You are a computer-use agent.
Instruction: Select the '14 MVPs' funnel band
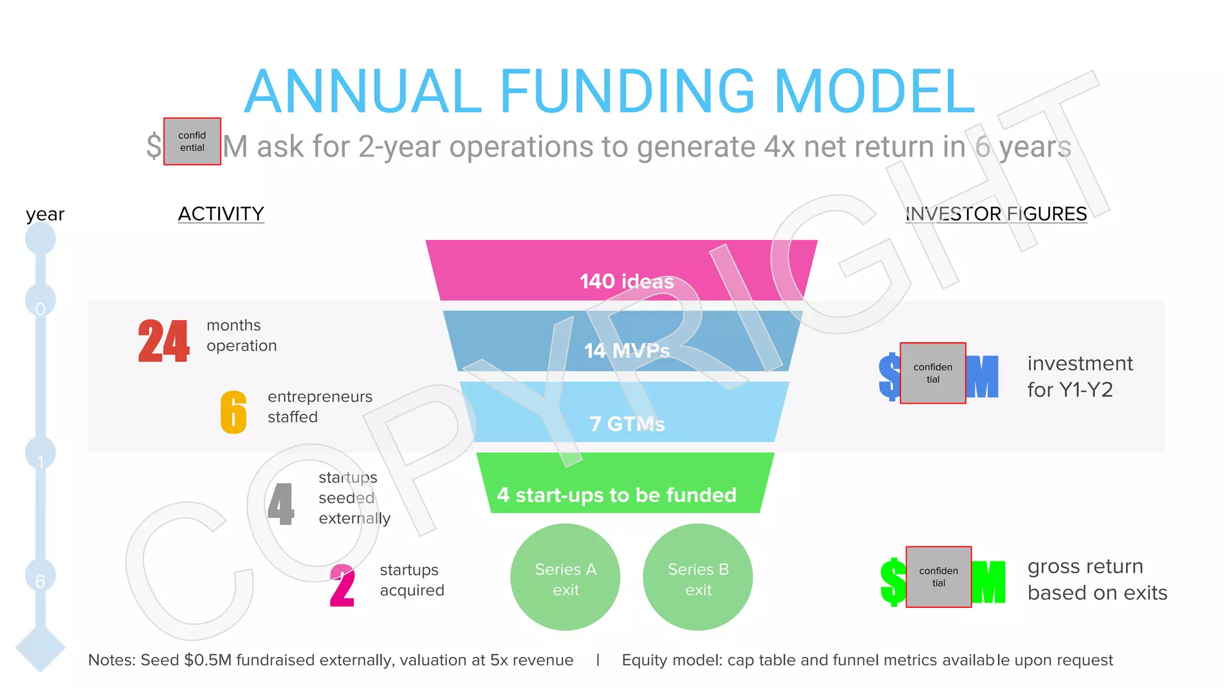pos(622,342)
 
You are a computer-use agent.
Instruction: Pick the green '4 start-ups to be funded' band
pos(625,484)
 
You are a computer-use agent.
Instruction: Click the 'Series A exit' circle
pos(565,578)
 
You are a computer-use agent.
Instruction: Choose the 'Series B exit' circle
pos(698,578)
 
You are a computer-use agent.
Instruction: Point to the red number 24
pos(164,341)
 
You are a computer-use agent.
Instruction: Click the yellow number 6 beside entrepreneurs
pos(234,412)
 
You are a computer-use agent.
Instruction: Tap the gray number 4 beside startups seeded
pos(281,505)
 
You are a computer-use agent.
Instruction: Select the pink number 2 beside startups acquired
pos(342,586)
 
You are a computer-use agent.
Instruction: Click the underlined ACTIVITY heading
pos(221,214)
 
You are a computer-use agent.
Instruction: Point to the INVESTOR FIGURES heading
pos(996,214)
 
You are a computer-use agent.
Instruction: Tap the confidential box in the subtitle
pos(192,142)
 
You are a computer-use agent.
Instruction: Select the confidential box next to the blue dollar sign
pos(933,373)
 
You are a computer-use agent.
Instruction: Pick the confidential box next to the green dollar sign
pos(939,577)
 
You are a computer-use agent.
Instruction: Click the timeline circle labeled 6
pos(41,576)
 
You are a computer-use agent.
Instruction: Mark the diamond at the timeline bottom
pos(41,648)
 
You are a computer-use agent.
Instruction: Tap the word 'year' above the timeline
pos(45,214)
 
